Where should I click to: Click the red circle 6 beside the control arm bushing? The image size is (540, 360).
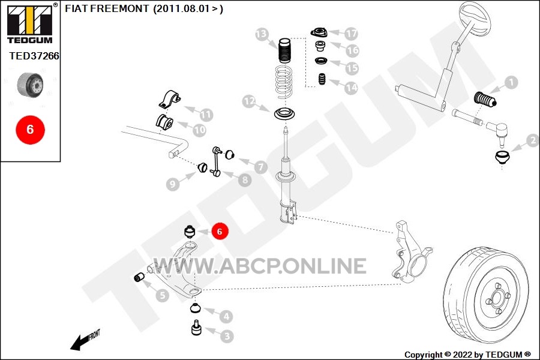[220, 231]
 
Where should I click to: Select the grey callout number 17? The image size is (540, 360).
[351, 34]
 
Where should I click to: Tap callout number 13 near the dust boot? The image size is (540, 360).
[262, 34]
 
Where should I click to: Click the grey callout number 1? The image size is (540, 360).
[511, 82]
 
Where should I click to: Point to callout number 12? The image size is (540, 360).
[249, 101]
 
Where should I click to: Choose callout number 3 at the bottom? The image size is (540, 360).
[227, 336]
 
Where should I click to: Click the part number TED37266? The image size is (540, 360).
[34, 56]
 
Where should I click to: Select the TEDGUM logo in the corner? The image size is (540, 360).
[30, 23]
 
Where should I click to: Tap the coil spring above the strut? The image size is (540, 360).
[285, 82]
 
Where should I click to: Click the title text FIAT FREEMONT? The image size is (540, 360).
[107, 8]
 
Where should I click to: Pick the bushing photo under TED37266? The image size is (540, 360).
[31, 85]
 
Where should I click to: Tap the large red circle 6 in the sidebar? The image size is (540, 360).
[31, 130]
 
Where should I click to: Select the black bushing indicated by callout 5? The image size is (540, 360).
[139, 277]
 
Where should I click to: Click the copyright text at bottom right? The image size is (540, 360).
[467, 355]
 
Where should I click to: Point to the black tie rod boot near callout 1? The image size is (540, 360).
[485, 100]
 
